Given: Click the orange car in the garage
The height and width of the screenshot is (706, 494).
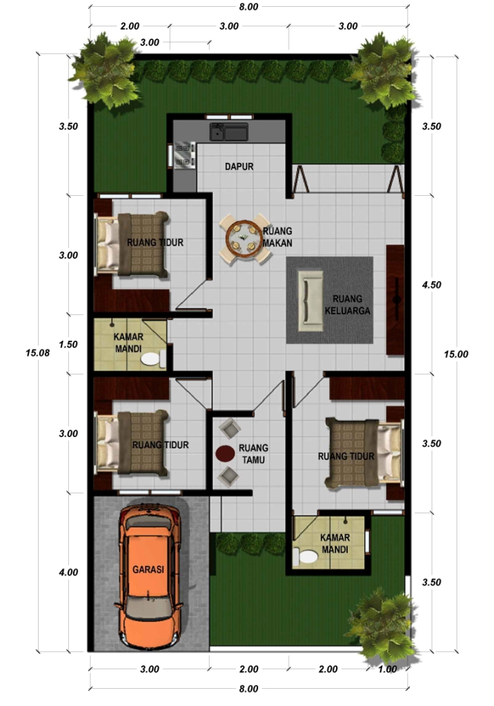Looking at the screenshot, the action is tap(151, 575).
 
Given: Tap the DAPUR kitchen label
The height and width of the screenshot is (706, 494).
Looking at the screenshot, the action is tap(239, 167).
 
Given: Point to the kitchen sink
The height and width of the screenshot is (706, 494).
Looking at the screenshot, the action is tap(229, 132).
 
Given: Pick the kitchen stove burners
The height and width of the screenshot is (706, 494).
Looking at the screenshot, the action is tap(184, 154).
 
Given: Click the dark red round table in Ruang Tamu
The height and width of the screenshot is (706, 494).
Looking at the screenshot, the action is tap(225, 453).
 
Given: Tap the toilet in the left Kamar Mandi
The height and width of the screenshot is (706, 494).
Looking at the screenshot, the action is tap(150, 359).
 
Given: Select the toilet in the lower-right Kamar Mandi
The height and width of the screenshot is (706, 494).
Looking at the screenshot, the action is tap(306, 557).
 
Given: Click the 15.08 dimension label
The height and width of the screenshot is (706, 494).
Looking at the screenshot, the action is tap(37, 352).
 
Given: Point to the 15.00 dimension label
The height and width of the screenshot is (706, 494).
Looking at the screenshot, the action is tap(455, 354).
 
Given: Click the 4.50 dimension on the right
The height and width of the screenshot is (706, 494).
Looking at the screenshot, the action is tap(431, 285).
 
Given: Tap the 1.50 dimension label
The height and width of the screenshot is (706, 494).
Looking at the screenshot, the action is tap(68, 345).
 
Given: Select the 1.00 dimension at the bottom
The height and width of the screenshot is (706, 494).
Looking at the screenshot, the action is tap(388, 669).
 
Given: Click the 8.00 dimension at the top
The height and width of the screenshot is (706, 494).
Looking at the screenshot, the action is tap(248, 7).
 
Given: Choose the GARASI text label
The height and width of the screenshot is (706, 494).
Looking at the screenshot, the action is tap(148, 569).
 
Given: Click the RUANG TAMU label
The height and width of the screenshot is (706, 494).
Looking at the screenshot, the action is tap(253, 454).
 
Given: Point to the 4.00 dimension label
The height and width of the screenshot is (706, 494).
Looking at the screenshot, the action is tap(68, 572).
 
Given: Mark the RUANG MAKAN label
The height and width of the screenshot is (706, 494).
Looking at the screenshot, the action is tap(277, 237).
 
